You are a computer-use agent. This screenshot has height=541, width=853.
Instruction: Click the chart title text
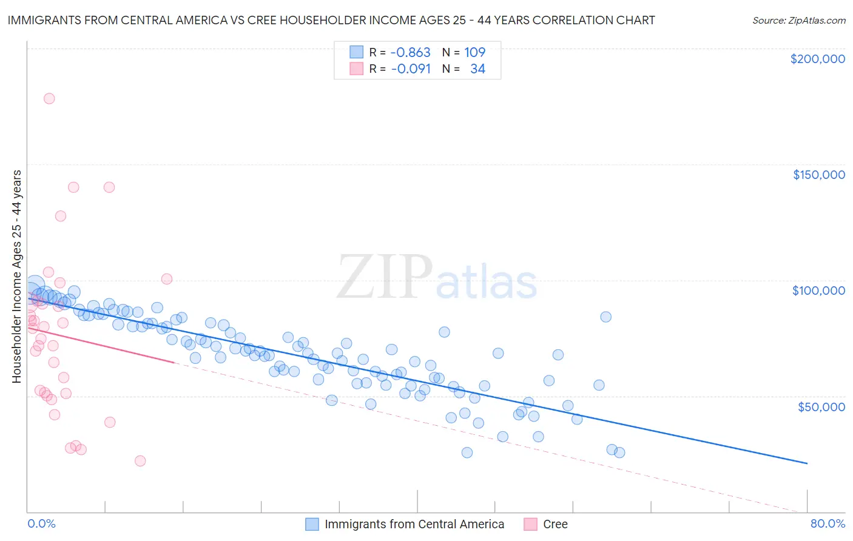(331, 20)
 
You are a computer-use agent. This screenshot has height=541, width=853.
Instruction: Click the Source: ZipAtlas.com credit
(798, 20)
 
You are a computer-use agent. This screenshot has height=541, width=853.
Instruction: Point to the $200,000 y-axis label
(817, 59)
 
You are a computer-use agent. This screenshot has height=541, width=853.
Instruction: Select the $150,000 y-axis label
(818, 175)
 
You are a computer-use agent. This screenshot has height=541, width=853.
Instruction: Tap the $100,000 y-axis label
(818, 291)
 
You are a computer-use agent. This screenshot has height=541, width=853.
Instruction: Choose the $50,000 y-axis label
(821, 406)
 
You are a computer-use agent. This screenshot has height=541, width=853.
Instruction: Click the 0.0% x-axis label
(41, 523)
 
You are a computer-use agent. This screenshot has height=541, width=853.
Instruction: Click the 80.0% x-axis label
(828, 523)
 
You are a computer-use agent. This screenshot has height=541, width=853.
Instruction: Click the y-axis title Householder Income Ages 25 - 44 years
(16, 277)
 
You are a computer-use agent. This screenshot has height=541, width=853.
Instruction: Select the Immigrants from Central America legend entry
(414, 524)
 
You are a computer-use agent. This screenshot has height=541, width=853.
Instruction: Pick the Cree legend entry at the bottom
(555, 524)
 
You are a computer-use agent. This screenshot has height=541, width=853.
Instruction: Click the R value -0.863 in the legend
(410, 53)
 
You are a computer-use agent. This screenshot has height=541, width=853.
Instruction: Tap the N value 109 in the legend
(474, 53)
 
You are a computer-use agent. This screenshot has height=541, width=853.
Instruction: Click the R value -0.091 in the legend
(410, 69)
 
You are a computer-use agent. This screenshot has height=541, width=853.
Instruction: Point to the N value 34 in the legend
(477, 69)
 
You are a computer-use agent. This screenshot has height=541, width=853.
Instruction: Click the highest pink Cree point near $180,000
(49, 98)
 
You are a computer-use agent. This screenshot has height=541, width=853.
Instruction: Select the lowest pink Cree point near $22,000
(140, 461)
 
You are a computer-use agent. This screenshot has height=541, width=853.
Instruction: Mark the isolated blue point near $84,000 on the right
(605, 317)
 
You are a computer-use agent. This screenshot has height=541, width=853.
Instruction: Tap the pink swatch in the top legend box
(356, 69)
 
